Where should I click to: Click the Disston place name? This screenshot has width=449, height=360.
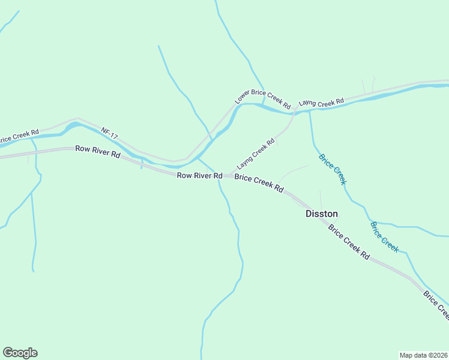[x=322, y=214]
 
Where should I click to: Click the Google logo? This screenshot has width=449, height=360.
[x=20, y=353]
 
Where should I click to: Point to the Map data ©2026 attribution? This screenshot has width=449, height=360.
[x=423, y=355]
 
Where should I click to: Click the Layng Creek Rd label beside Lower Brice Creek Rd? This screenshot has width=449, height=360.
[x=321, y=103]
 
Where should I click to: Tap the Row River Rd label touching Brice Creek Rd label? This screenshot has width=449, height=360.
[x=200, y=175]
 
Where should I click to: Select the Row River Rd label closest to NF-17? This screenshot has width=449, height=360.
[x=98, y=151]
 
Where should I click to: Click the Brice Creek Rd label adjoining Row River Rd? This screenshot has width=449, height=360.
[x=259, y=183]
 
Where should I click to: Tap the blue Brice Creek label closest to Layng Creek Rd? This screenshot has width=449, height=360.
[x=333, y=169]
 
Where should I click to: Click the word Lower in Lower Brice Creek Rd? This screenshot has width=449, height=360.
[x=241, y=98]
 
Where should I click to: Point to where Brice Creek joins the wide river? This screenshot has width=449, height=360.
[x=310, y=112]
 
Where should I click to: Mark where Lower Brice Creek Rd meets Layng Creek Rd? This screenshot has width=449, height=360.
[x=294, y=112]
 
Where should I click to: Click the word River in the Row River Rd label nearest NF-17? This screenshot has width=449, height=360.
[x=99, y=151]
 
